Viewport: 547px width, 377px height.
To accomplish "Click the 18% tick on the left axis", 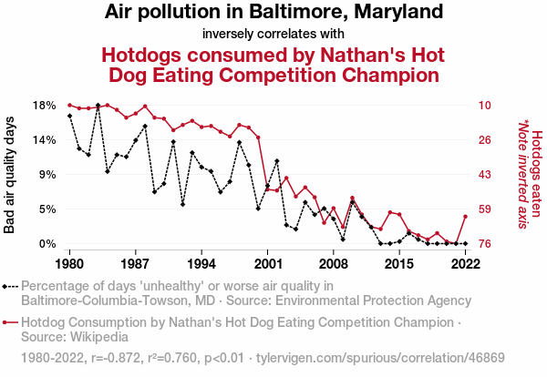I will (44, 106).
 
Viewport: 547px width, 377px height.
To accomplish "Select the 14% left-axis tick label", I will (44, 140).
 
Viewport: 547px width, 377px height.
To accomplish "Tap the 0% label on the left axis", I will (47, 244).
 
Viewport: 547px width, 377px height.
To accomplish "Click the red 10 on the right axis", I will (485, 106).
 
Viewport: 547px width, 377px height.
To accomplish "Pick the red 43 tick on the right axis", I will (485, 175).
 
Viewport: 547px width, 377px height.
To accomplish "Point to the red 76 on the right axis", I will (485, 244).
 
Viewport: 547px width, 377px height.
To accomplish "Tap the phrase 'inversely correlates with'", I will (273, 35).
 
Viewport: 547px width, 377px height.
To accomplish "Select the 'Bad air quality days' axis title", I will (10, 175).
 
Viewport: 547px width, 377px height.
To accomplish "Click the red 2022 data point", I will (466, 216).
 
